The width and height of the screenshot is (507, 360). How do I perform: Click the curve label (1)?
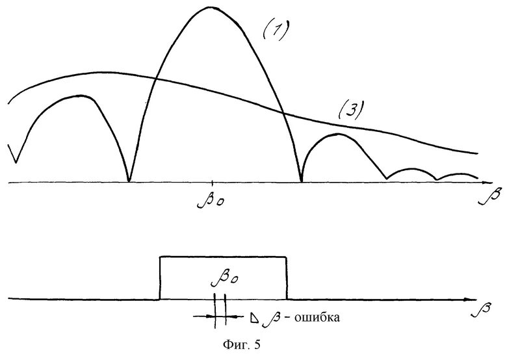[x=276, y=31]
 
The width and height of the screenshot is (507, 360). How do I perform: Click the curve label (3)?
[x=350, y=110]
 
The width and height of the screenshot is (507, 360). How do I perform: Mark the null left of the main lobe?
[x=129, y=181]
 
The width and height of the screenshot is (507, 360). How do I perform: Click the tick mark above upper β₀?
[x=213, y=181]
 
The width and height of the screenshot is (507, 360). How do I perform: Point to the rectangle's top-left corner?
[x=160, y=257]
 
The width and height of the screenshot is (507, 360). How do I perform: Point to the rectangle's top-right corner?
[x=285, y=257]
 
